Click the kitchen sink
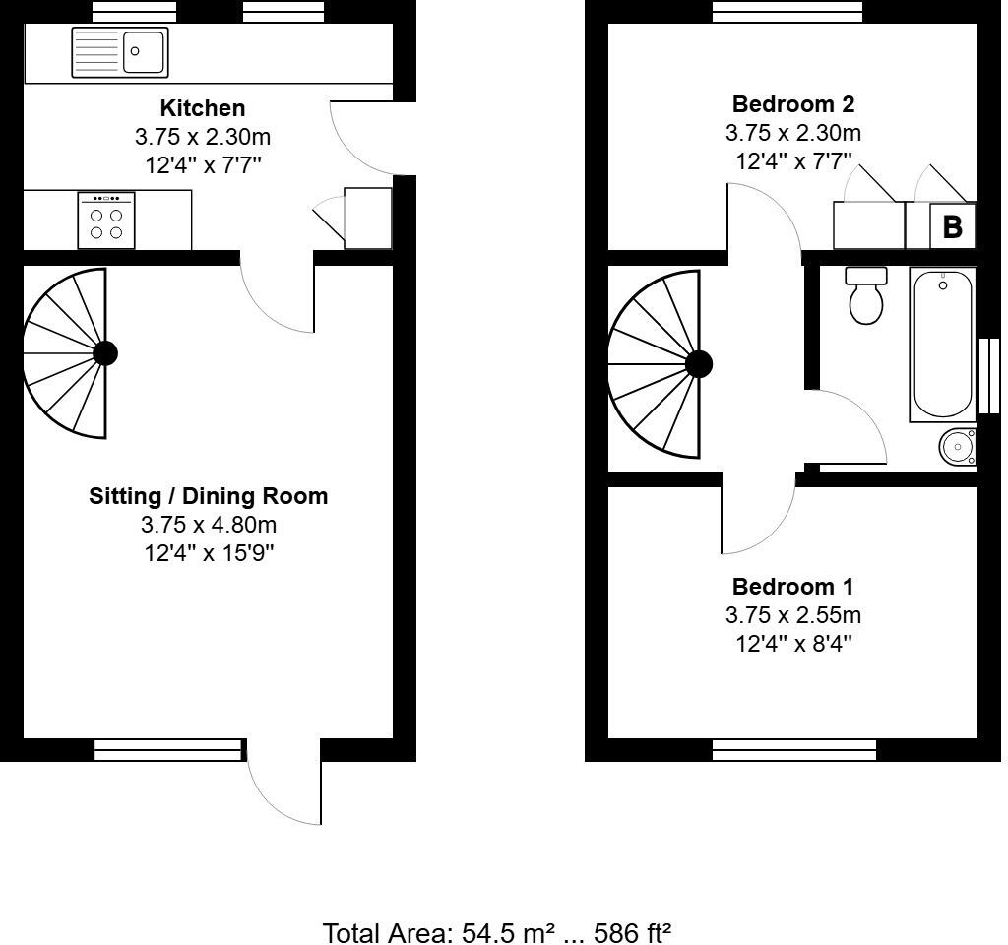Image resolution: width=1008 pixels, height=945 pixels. point(119,51)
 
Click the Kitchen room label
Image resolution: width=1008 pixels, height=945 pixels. point(203,107)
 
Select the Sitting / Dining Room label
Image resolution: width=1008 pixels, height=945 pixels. point(208,496)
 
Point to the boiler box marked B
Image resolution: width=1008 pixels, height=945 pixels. point(952,226)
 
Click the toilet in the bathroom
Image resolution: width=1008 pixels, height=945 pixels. point(866,296)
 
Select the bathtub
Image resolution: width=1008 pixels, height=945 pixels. point(943,344)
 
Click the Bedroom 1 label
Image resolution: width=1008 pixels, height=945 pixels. point(792,587)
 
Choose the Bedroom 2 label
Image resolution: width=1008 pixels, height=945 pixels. point(792,104)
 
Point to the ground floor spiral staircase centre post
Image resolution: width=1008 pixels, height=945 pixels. point(104,353)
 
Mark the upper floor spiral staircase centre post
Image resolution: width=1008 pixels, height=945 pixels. point(698,364)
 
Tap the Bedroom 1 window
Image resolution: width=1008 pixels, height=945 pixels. point(793,750)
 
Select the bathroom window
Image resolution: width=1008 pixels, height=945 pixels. point(988,375)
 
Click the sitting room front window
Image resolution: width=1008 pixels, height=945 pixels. point(167,750)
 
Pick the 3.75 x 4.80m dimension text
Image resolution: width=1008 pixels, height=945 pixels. point(208,525)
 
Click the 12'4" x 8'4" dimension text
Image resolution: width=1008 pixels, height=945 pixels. point(792,644)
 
